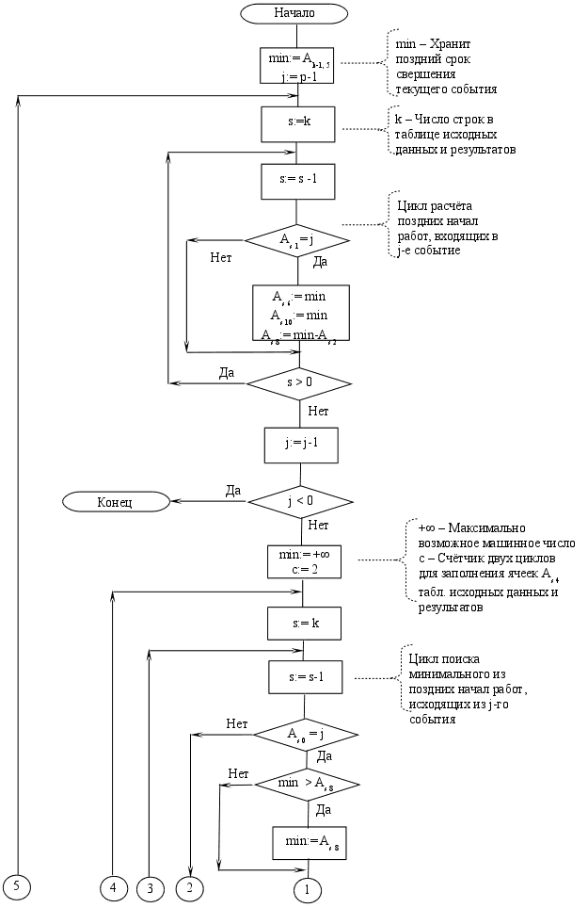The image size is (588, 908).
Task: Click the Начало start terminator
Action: (x=294, y=13)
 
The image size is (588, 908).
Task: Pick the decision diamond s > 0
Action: (x=299, y=382)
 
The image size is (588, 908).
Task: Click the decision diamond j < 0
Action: (x=300, y=501)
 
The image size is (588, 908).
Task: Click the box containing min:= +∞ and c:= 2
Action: (x=303, y=561)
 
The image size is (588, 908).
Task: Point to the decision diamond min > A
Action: (x=308, y=783)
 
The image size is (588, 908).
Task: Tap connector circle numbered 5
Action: (x=16, y=885)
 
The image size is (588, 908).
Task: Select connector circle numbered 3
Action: (x=149, y=887)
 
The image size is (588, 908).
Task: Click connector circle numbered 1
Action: (x=307, y=887)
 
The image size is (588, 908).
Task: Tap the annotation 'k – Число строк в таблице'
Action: (x=453, y=135)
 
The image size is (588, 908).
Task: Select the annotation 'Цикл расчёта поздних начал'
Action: (x=439, y=229)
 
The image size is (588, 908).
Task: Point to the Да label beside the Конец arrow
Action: (x=233, y=491)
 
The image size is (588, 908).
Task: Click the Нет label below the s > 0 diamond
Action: (x=318, y=412)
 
